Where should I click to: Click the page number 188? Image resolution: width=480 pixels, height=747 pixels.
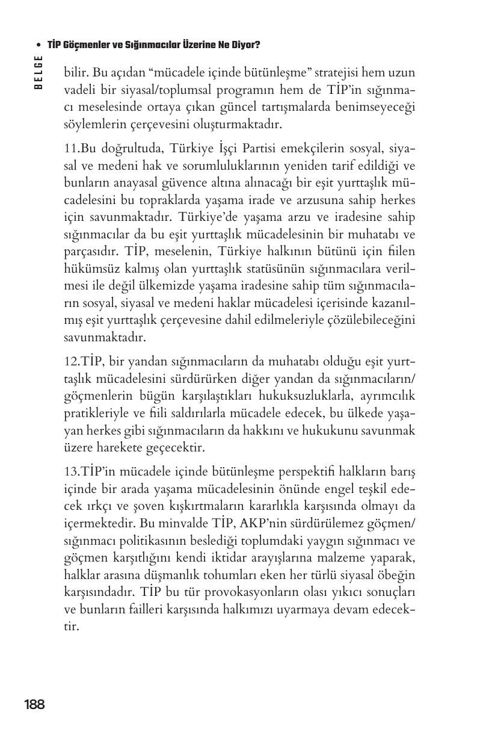point(34,704)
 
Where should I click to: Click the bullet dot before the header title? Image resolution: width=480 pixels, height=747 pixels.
point(38,45)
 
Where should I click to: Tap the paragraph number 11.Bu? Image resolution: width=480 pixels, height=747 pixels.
point(81,148)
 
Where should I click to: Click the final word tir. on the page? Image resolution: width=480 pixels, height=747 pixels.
point(72,626)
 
